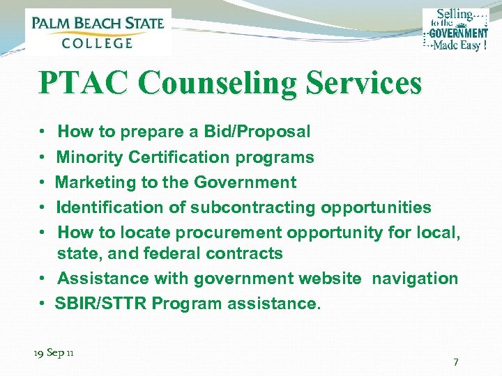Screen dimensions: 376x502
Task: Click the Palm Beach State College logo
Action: point(98,31)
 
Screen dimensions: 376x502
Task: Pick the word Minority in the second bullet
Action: point(90,157)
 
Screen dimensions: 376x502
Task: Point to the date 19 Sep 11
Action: point(54,353)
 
